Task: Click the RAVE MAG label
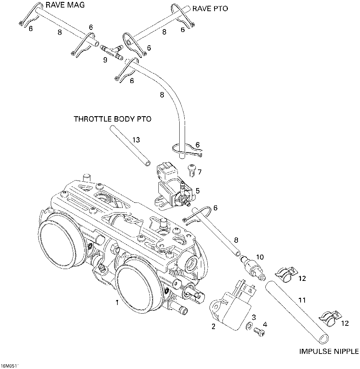65,5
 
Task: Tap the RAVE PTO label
210,9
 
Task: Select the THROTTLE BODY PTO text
113,119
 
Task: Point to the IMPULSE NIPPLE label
329,352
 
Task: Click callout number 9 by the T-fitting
105,60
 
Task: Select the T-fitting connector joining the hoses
112,51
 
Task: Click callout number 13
136,140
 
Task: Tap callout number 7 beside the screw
199,172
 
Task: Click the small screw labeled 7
191,170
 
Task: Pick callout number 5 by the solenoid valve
197,191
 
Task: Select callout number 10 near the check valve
260,257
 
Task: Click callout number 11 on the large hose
302,300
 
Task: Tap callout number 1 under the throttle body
117,302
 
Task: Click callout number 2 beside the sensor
213,327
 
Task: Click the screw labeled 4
260,332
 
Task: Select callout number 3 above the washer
254,317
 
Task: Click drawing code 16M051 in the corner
9,366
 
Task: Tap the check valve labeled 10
252,268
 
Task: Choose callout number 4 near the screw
265,324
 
